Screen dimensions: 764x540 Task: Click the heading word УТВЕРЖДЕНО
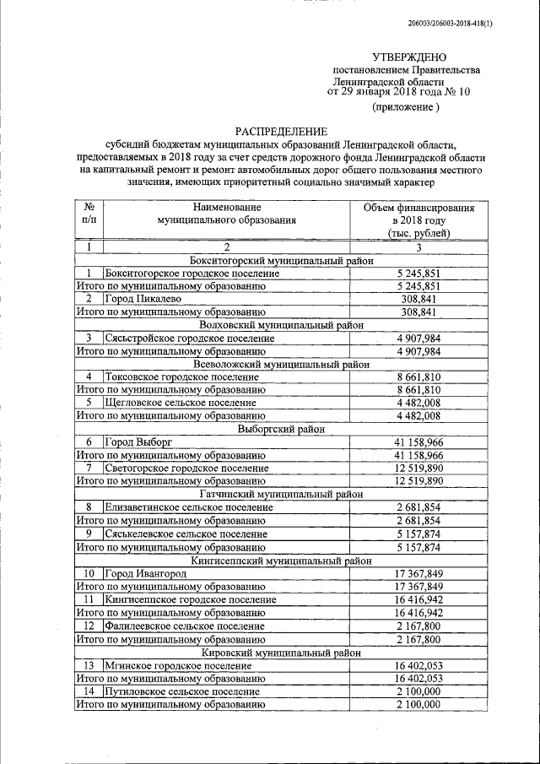coord(406,55)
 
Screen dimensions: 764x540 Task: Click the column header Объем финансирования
coord(419,208)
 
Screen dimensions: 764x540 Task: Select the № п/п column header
coord(89,214)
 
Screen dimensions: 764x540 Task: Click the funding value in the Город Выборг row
coord(419,442)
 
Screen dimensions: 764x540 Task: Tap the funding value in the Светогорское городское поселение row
coord(419,468)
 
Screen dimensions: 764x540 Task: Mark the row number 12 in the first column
coord(89,626)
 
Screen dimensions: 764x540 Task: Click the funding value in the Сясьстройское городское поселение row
coord(419,338)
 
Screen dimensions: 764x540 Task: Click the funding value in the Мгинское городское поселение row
coord(419,665)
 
